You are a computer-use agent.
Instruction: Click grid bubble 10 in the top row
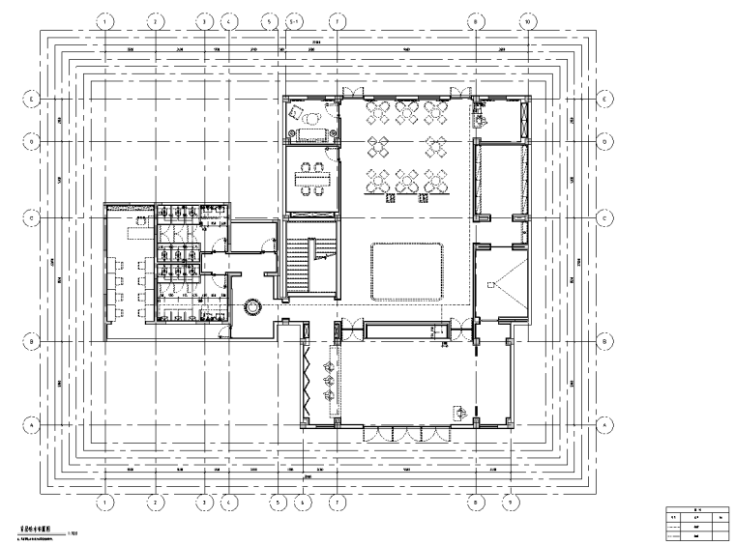point(525,19)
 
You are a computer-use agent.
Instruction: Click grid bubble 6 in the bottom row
point(303,503)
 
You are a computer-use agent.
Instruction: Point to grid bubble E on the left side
point(32,98)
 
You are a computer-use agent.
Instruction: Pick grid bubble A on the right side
point(605,424)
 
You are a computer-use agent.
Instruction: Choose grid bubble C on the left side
point(32,219)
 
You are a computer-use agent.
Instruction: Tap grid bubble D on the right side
point(605,141)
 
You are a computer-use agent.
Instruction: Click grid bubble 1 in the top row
point(105,19)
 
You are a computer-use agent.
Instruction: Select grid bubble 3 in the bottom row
point(204,503)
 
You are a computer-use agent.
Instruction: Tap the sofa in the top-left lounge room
point(310,119)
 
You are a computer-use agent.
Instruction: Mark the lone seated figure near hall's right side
point(462,412)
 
